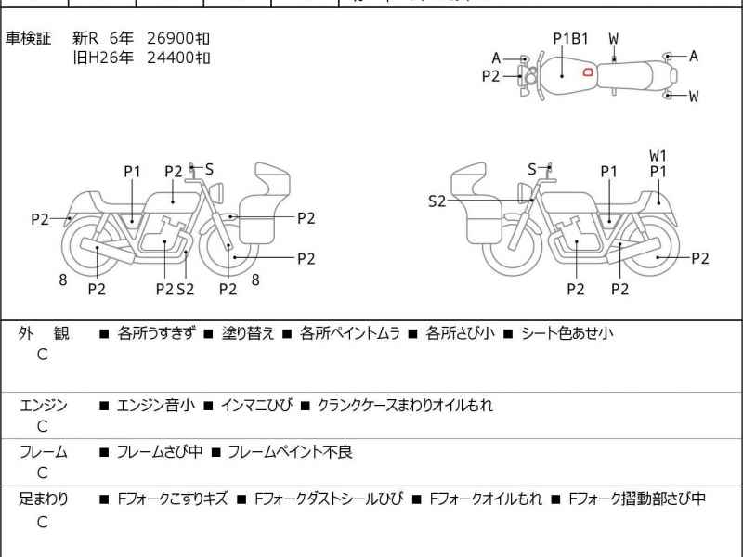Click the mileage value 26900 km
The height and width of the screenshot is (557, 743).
[178, 39]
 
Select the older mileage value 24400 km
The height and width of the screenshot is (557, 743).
[178, 58]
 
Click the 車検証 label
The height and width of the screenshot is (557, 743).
[29, 39]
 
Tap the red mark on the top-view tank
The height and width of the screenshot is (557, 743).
[587, 71]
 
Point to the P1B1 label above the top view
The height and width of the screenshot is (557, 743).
[571, 39]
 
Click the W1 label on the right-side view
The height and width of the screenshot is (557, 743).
[658, 155]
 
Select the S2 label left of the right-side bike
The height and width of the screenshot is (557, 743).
[437, 201]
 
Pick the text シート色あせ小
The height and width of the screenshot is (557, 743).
[567, 333]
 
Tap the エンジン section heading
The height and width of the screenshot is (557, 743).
[44, 406]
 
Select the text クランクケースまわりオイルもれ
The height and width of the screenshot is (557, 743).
[405, 406]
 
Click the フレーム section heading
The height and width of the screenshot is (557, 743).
[44, 453]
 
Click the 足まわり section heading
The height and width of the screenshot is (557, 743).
[44, 499]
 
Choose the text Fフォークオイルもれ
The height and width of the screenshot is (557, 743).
[485, 499]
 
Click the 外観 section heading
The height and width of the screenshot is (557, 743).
[44, 333]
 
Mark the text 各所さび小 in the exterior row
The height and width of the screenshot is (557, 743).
[460, 333]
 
